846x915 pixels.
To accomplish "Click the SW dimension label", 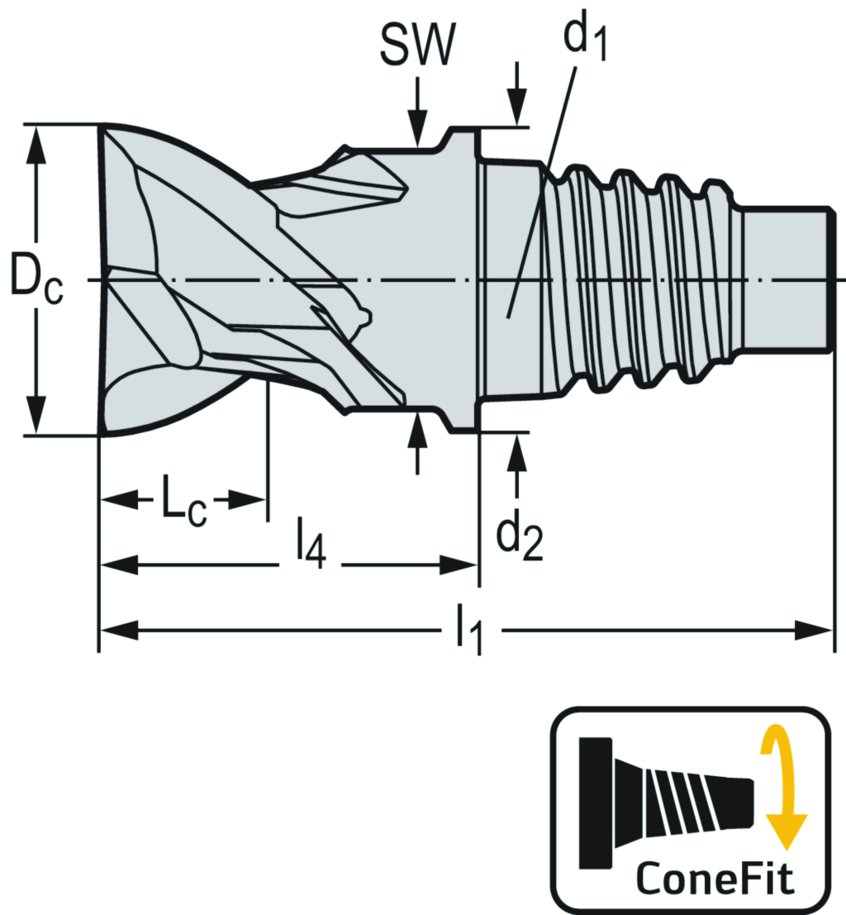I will (x=417, y=46).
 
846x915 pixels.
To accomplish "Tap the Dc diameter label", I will (x=36, y=280).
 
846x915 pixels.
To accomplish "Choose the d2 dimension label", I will (x=519, y=536).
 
